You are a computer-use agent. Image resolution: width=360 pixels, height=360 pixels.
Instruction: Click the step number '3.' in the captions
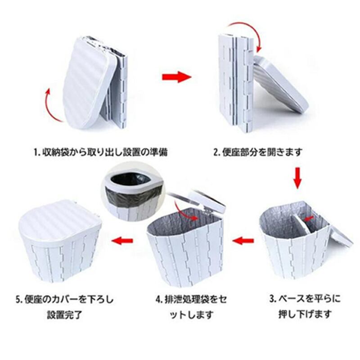[272, 297]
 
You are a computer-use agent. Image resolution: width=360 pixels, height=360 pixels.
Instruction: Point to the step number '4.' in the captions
[159, 297]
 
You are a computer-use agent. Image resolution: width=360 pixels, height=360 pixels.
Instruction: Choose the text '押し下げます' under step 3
[306, 314]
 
